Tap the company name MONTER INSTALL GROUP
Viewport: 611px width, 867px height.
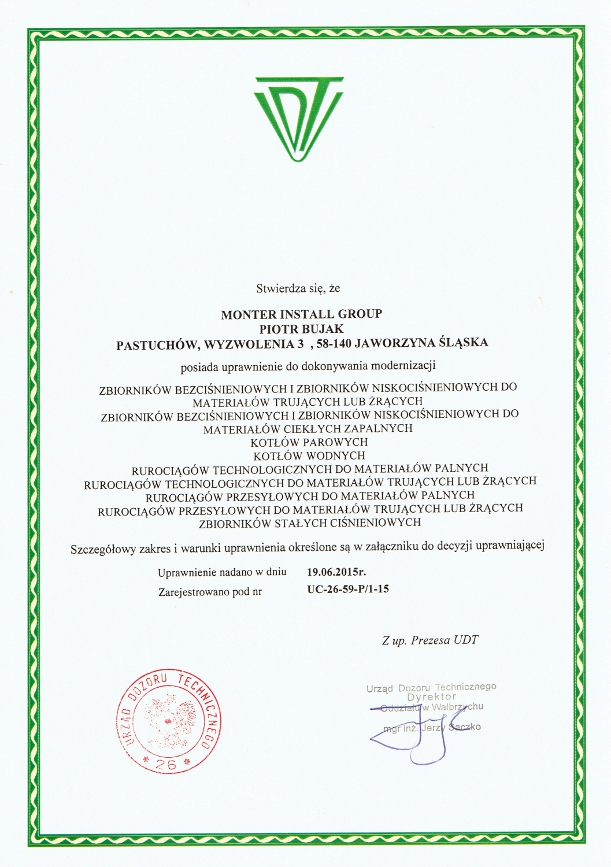click(x=302, y=314)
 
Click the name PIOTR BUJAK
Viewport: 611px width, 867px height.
click(x=302, y=328)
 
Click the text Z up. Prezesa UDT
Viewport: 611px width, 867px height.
click(x=430, y=640)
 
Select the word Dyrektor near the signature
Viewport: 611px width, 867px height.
click(x=431, y=697)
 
